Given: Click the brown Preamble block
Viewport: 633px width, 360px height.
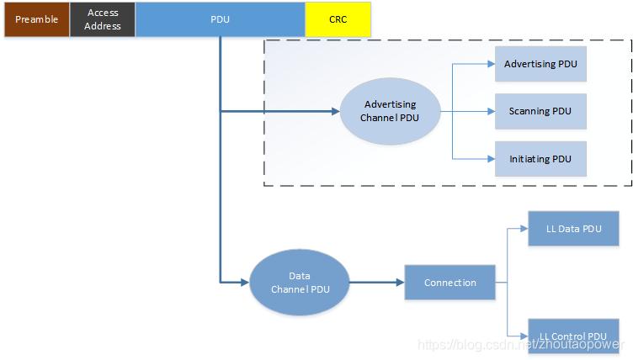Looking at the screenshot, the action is click(37, 19).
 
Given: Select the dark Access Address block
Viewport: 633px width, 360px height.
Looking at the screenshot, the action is click(103, 19).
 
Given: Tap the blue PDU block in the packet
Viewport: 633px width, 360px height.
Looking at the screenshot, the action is click(220, 19).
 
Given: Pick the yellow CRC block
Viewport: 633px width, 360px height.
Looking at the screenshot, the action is click(338, 19).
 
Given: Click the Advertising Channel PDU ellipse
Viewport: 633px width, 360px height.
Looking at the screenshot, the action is click(390, 111).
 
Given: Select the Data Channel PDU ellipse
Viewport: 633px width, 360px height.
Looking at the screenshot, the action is click(300, 283).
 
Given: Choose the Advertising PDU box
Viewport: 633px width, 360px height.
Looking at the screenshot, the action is click(540, 64).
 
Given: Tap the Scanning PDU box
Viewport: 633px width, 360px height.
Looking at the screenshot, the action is click(540, 111).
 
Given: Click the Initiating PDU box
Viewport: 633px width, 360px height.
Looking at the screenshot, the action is click(540, 159).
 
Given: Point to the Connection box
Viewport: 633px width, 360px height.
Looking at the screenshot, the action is click(449, 283).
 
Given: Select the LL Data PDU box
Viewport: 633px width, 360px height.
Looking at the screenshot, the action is click(574, 229).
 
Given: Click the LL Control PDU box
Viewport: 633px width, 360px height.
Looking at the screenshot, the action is click(574, 336).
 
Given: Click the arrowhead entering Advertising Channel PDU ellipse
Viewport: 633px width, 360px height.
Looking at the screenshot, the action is click(336, 111).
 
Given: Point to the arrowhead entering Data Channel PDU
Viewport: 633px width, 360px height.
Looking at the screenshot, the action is click(245, 283).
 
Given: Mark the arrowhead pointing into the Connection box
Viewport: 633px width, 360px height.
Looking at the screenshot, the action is click(401, 283).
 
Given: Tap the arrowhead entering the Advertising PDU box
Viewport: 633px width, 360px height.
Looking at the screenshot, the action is click(492, 64).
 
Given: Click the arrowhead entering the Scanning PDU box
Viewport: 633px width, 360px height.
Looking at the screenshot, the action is click(492, 111).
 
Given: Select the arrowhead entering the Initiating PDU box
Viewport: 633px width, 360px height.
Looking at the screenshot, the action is click(492, 159).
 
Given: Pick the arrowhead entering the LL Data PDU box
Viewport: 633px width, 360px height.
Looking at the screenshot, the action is click(524, 229).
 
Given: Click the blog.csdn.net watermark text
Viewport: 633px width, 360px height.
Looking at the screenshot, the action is click(521, 344).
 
